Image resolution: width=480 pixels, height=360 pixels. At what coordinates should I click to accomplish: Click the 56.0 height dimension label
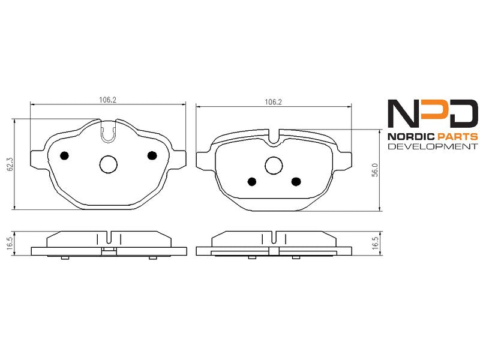coord(375,170)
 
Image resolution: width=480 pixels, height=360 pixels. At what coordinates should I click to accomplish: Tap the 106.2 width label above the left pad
coord(108,100)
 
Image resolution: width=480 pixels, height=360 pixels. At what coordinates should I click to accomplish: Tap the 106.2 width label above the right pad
coord(273,102)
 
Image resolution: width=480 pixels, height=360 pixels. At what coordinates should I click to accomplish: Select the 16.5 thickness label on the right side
coord(375,244)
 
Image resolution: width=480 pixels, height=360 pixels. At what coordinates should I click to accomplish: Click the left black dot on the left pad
coord(64,156)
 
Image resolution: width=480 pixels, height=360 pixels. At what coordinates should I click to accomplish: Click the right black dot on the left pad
coord(152,155)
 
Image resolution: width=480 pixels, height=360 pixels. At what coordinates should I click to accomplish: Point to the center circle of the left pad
coord(109,164)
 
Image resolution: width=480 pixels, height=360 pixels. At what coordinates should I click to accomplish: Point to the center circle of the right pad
coord(274,166)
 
